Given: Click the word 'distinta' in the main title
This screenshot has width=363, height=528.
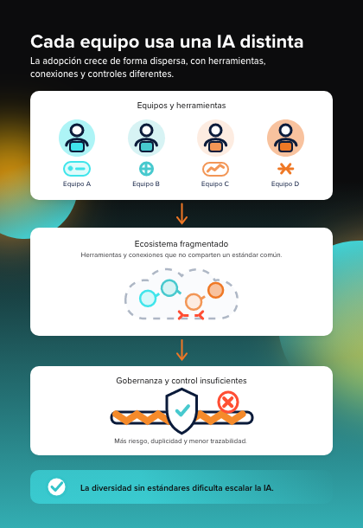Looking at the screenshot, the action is pos(271,42).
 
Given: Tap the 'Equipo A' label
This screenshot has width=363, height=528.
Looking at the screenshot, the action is pos(77,184).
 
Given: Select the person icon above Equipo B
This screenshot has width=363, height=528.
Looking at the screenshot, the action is pos(146,138).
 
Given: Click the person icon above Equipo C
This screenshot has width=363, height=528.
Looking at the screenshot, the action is pos(215,138).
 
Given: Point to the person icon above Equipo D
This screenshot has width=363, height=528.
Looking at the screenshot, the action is pos(285,138).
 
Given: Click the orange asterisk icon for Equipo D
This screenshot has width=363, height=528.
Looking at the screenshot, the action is pos(285,169).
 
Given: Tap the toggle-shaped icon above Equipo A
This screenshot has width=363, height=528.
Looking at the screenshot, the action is pos(77,169).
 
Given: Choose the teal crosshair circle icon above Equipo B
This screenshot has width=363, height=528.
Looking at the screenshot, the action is pos(146,169).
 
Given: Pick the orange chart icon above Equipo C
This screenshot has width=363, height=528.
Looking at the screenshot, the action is pos(215,169).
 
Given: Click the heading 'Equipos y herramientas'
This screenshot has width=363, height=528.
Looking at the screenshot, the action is pos(181,106).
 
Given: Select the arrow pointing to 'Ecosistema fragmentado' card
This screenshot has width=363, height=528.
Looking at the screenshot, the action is pos(181,214).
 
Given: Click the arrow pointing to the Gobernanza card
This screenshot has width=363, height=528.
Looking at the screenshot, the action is pos(181,350).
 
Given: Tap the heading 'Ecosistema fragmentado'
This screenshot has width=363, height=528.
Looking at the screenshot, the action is pos(181,244).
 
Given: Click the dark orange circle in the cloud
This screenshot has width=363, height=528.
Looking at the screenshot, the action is pos(215,290).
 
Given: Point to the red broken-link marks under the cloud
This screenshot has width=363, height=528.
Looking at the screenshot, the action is pos(190,315).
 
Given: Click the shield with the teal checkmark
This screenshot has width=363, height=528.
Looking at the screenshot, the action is pos(181,411).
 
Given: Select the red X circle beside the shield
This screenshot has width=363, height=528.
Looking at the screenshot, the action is pos(228,402).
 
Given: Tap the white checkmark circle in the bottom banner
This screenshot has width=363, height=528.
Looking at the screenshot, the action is pos(56,487).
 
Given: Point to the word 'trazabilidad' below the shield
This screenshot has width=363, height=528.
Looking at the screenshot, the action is pos(228,441).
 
